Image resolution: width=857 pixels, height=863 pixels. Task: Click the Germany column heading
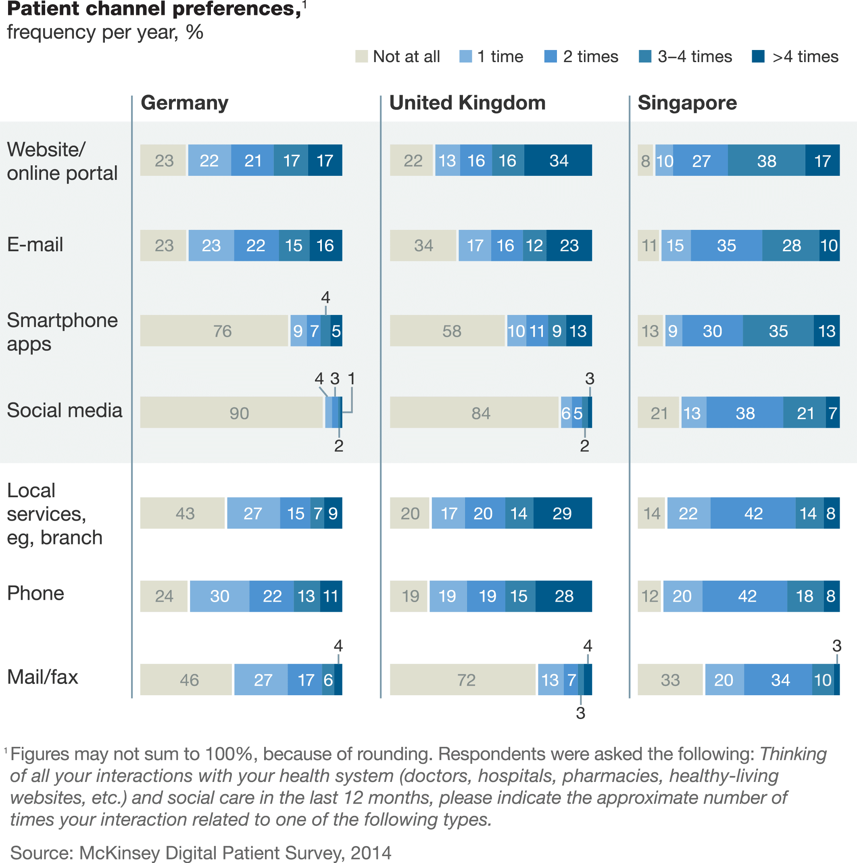[x=185, y=103]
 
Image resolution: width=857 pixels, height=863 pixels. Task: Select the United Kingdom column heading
[x=467, y=103]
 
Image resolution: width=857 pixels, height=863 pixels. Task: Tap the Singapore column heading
[x=687, y=103]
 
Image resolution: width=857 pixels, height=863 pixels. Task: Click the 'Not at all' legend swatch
[x=361, y=57]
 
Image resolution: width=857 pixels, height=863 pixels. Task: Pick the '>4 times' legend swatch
[x=758, y=57]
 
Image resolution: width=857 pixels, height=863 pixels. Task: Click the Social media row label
[x=65, y=411]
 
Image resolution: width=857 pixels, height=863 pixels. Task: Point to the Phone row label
[x=36, y=594]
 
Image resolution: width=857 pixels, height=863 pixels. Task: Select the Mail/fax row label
[x=42, y=677]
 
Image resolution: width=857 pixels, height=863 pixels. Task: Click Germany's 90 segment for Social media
[x=231, y=412]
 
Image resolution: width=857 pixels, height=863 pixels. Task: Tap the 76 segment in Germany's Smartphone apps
[x=214, y=331]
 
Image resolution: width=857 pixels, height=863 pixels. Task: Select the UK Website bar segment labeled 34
[x=558, y=161]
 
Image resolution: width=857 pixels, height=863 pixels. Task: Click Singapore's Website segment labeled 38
[x=766, y=161]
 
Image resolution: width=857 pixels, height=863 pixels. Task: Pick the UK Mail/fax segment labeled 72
[x=463, y=680]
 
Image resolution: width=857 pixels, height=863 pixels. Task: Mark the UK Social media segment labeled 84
[x=474, y=412]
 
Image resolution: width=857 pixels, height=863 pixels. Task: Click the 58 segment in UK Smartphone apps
[x=447, y=331]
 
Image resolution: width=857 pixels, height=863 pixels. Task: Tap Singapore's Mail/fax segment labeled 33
[x=670, y=680]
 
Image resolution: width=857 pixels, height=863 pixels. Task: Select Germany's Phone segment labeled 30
[x=219, y=596]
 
